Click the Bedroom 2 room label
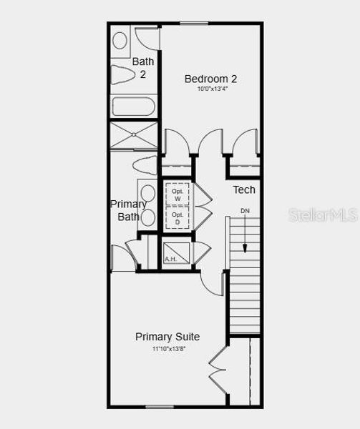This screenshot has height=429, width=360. [210, 79]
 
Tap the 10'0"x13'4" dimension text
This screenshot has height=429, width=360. [210, 89]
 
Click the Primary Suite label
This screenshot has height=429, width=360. [167, 337]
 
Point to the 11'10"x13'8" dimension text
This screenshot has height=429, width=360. [167, 349]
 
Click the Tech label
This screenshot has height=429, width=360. [244, 189]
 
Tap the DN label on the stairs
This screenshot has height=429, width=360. [245, 211]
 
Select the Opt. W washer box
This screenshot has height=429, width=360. [177, 193]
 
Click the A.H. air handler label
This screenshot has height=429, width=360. [170, 258]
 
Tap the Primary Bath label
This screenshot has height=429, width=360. [129, 210]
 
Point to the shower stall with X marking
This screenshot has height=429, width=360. [134, 135]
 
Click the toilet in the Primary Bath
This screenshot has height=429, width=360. [145, 164]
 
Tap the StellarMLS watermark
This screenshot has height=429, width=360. [323, 214]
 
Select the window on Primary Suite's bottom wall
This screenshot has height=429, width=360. [160, 408]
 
